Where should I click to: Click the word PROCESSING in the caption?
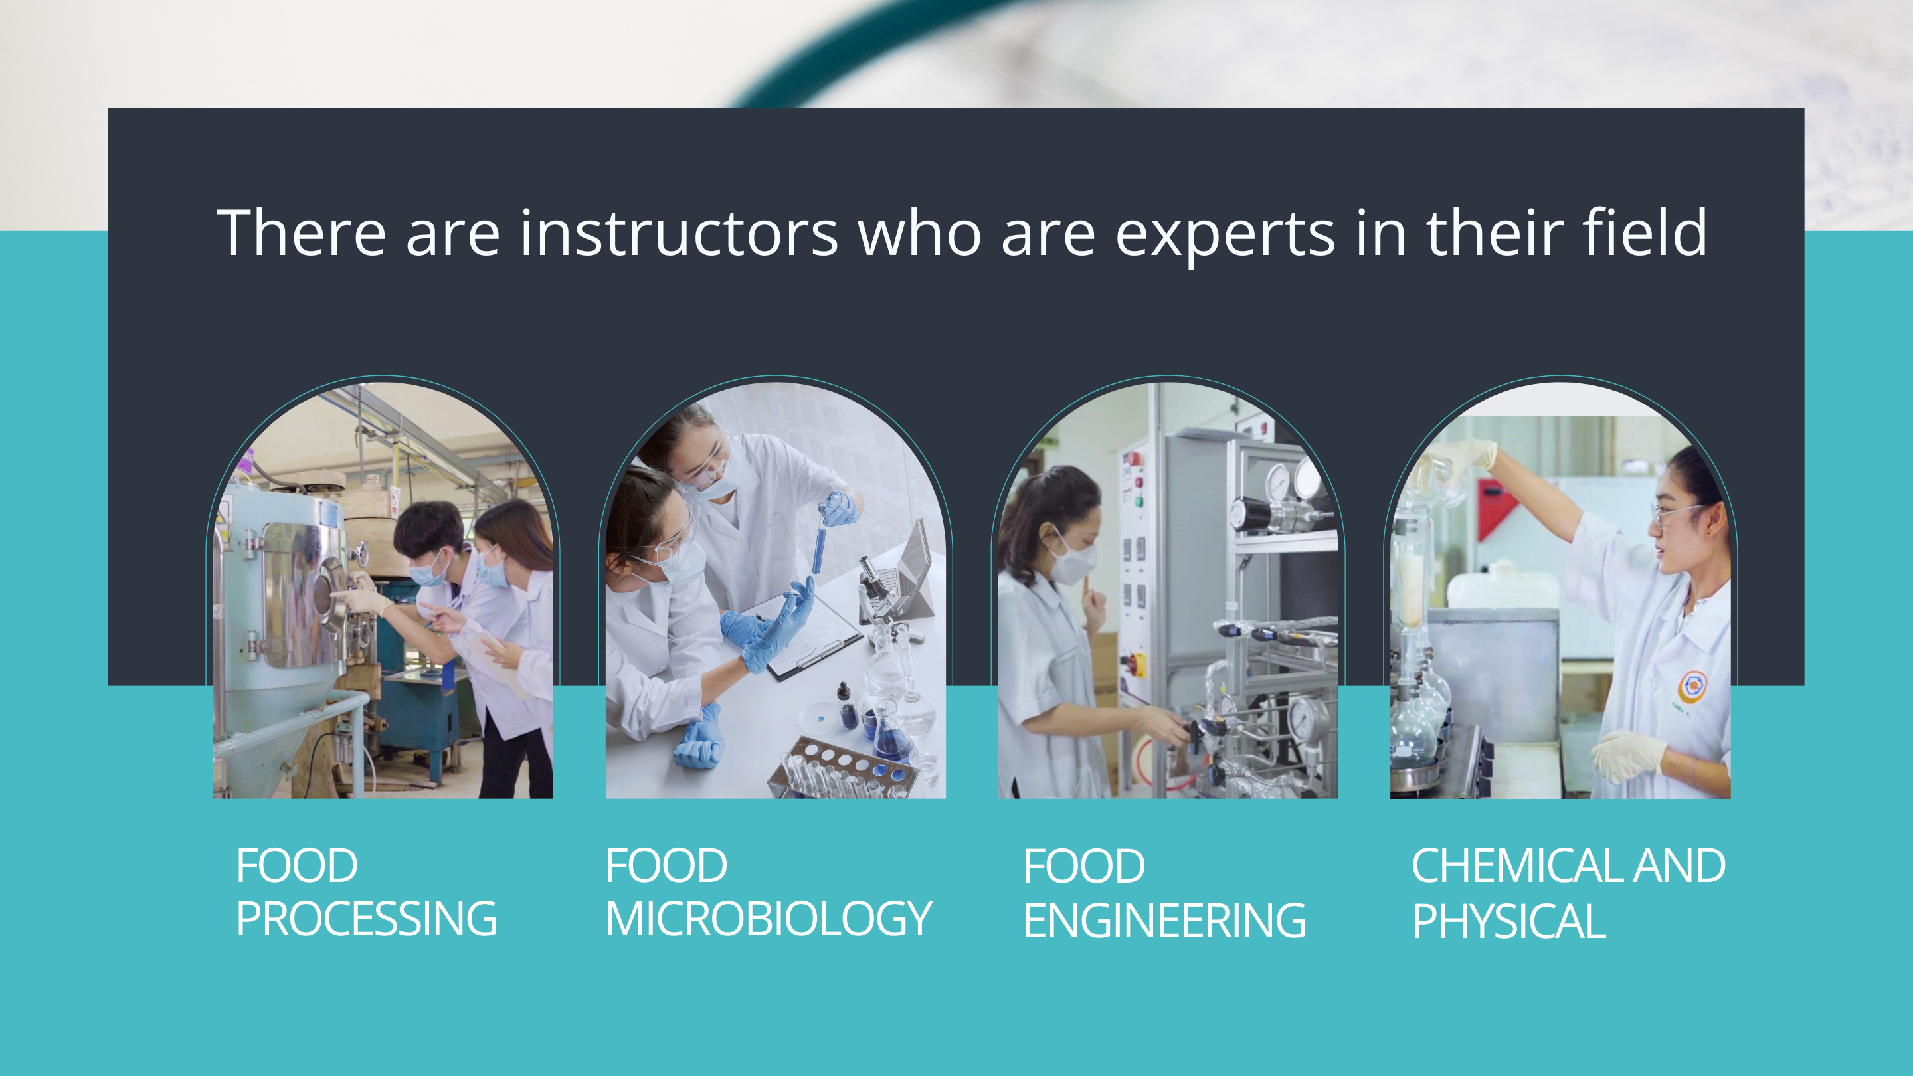point(366,919)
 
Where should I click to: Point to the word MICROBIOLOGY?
point(769,919)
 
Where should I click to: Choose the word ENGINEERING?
point(1164,921)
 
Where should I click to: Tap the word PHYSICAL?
point(1509,921)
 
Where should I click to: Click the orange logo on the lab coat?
point(1692,687)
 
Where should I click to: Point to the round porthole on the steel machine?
point(326,591)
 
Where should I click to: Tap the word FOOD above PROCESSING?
point(297,866)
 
